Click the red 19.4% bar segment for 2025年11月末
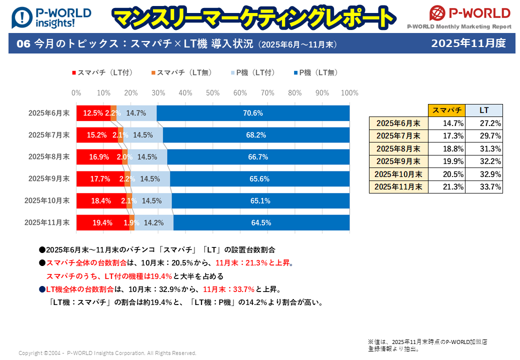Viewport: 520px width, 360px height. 102,223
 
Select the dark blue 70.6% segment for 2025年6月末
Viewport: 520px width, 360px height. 253,113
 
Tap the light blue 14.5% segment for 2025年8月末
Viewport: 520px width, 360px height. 147,157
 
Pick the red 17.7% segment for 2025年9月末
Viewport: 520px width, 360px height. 100,179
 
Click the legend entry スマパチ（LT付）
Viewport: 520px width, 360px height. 102,72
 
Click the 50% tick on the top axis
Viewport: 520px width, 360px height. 213,93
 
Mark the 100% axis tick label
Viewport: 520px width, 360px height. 349,93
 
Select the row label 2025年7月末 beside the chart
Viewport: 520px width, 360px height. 48,135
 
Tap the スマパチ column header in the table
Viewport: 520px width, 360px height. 446,110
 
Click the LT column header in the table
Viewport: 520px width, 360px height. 483,110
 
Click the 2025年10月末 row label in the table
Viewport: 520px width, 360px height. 398,174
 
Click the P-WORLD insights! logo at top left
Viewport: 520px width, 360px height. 51,17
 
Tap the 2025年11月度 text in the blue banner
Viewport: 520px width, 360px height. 468,43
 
